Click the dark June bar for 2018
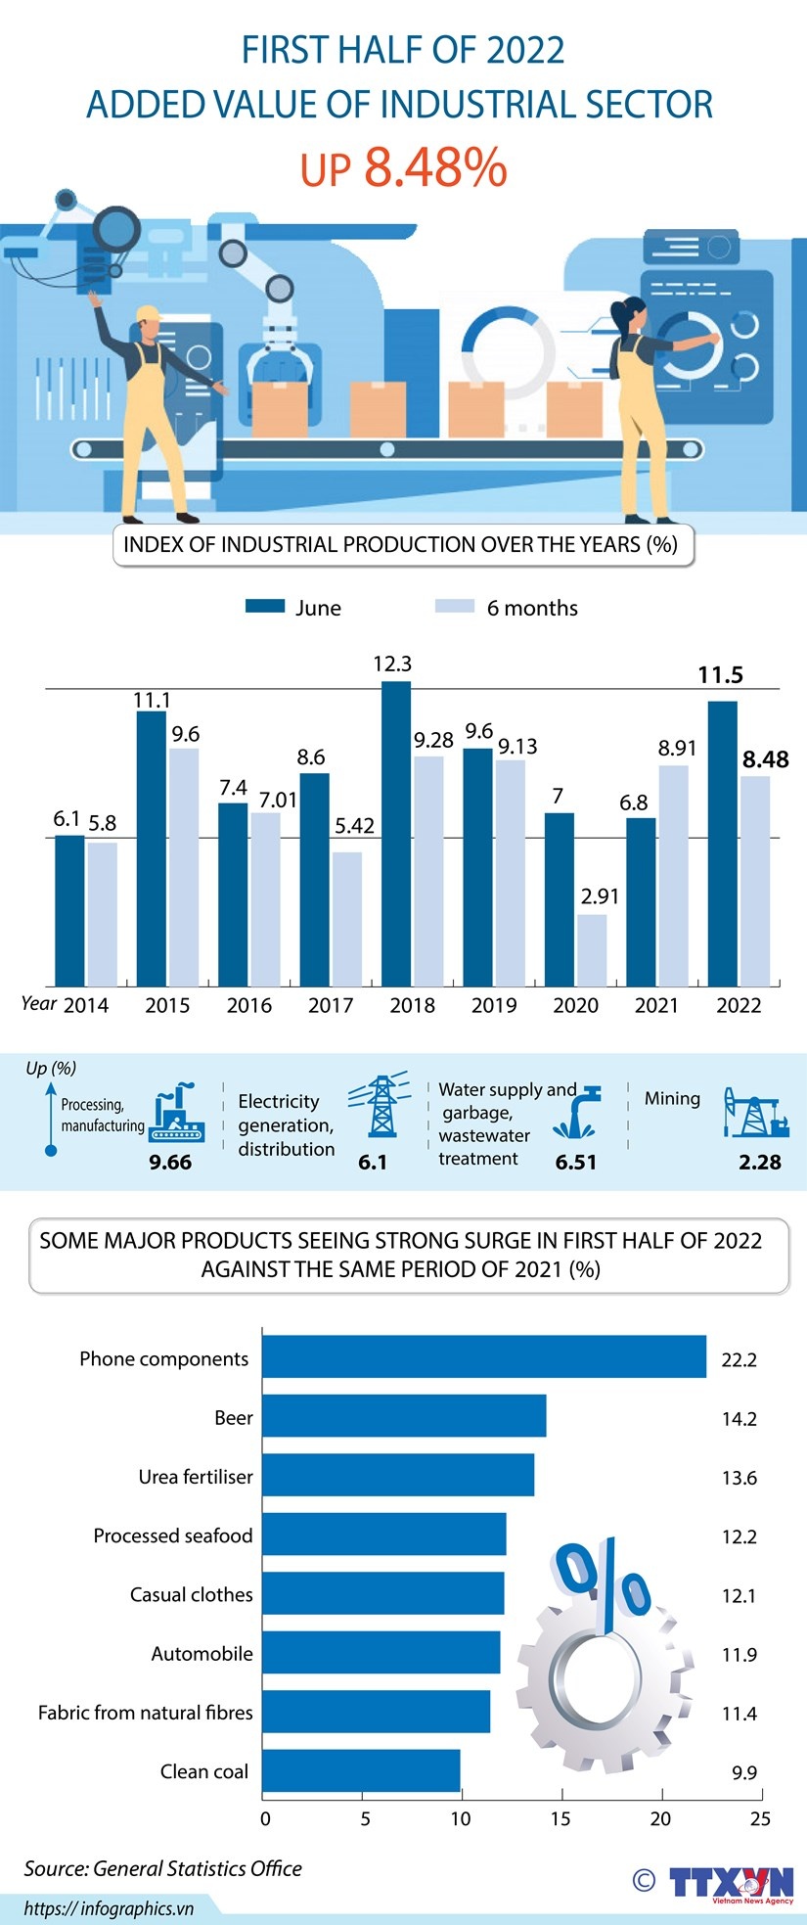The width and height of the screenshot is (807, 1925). tap(395, 833)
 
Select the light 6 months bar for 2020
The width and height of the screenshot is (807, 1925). tap(591, 949)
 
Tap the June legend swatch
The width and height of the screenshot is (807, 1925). tap(264, 607)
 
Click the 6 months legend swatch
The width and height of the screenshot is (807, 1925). tap(454, 607)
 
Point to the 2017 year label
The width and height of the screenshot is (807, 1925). tap(331, 1005)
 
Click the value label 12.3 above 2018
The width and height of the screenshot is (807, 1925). tap(392, 665)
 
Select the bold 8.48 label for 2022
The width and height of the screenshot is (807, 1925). tap(765, 759)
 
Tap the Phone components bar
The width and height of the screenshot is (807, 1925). tap(484, 1356)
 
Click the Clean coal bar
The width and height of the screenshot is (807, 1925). tap(361, 1770)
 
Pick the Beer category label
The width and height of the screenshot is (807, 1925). tap(234, 1417)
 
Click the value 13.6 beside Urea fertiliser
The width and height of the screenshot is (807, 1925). tap(740, 1478)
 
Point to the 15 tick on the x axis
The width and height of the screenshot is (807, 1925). tap(560, 1818)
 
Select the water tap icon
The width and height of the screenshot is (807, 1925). tap(578, 1112)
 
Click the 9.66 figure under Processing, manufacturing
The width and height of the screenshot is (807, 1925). tap(170, 1163)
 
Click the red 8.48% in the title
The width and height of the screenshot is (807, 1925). tap(435, 167)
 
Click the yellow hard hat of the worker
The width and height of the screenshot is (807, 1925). tap(147, 314)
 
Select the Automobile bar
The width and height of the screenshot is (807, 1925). tap(381, 1652)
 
